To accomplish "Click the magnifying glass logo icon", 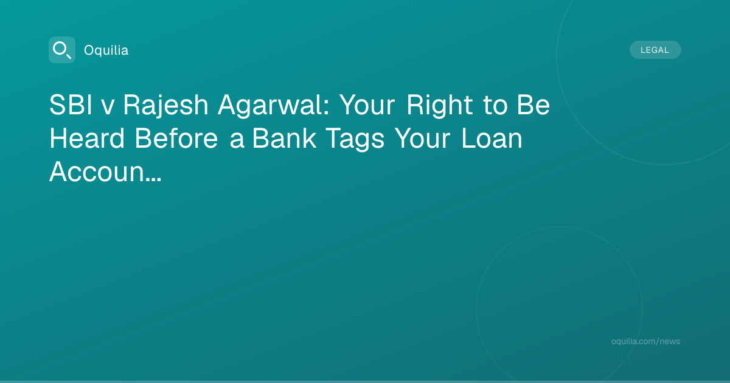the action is [62, 50].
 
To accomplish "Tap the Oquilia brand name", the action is [106, 50].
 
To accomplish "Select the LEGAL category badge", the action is [655, 50].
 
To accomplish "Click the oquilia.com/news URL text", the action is [645, 341].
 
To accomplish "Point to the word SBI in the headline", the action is [71, 105].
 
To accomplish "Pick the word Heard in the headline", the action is [87, 138].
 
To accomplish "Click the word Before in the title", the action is [176, 138].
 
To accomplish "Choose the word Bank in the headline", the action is [284, 138].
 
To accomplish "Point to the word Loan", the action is [492, 138].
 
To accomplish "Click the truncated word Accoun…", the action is [105, 171].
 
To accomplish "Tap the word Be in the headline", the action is [534, 105].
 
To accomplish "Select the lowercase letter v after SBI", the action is [108, 108].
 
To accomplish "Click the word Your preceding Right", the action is [367, 105].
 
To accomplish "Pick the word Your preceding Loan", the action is [423, 138].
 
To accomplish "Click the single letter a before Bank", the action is [237, 140].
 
